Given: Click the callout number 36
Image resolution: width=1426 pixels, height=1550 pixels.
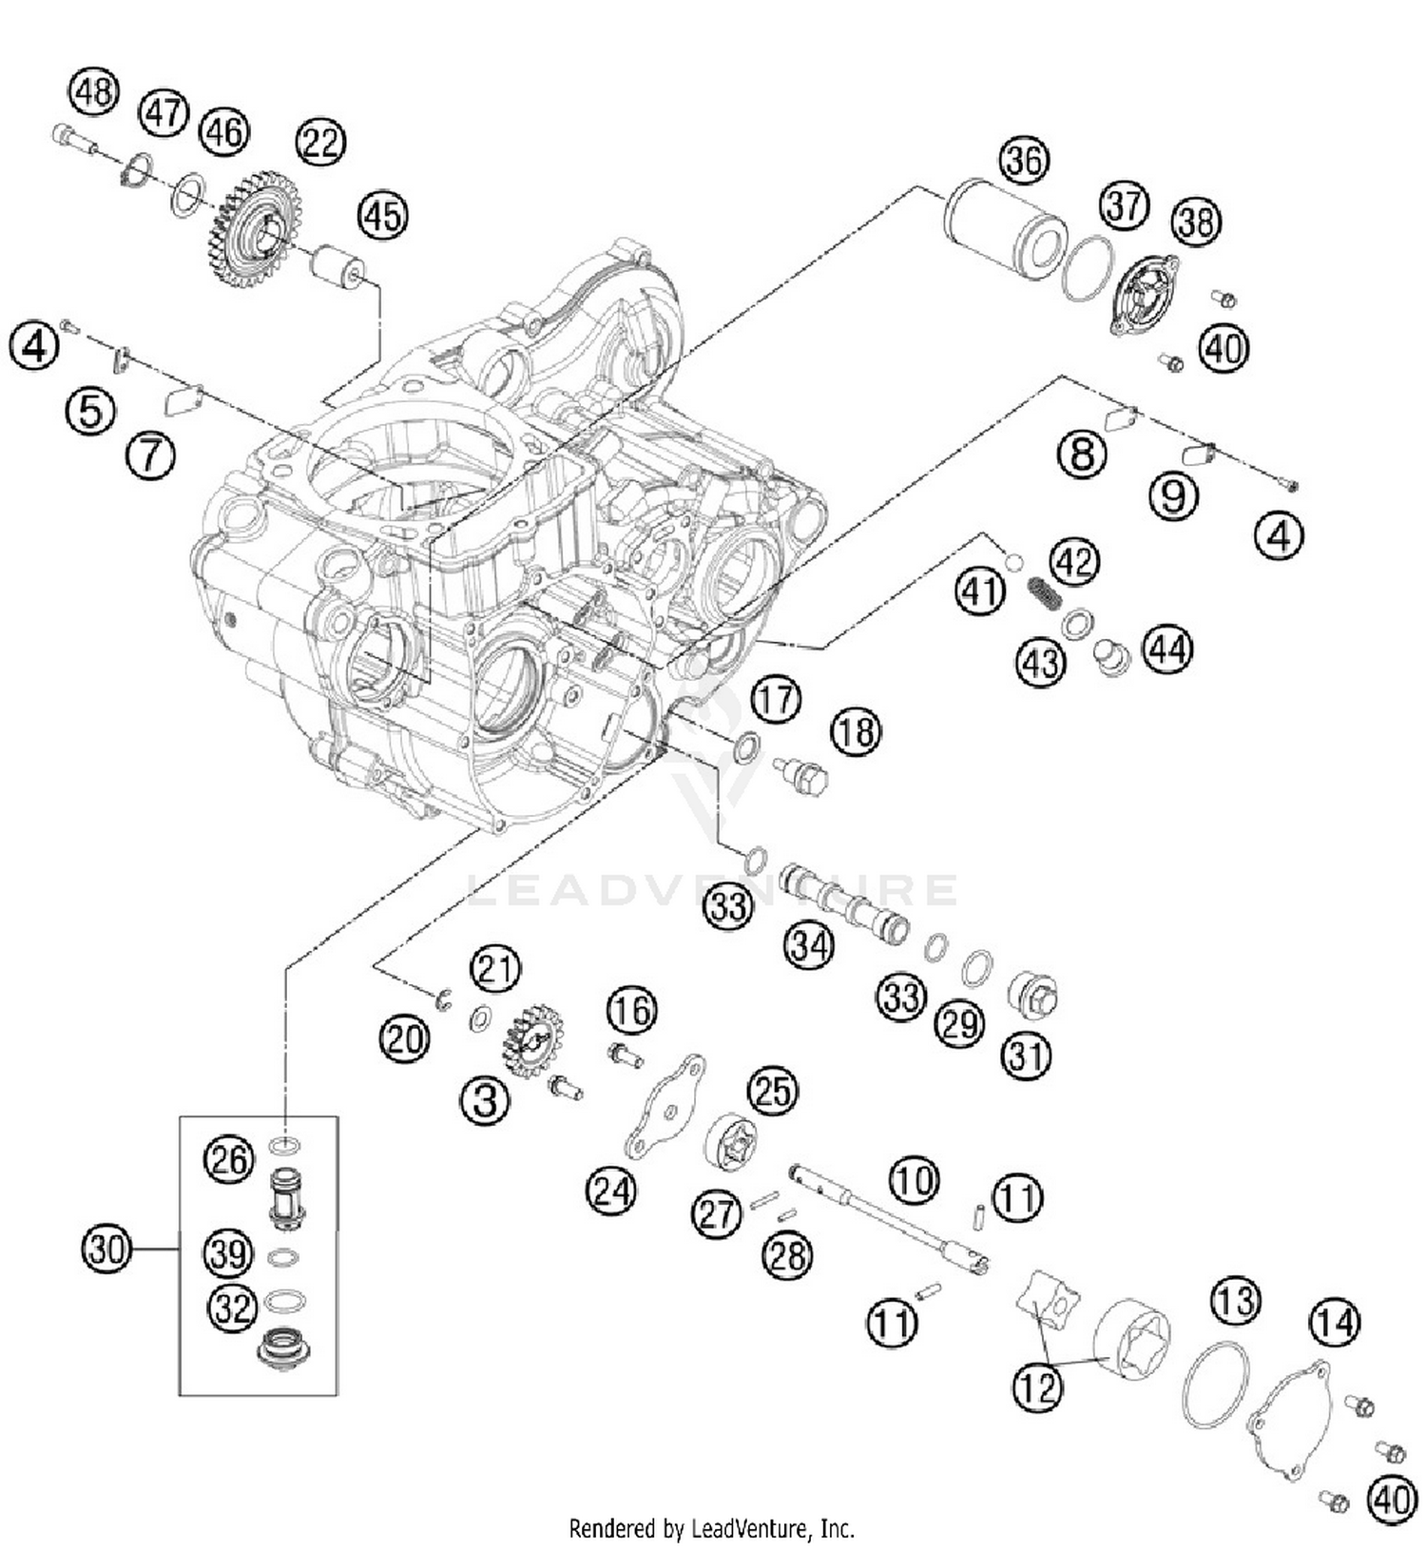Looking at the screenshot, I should [1024, 161].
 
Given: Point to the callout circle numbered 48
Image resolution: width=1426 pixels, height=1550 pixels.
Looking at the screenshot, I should [93, 92].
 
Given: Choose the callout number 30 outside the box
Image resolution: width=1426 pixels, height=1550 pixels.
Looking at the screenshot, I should [106, 1248].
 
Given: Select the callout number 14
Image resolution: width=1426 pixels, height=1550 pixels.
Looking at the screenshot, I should [1335, 1322].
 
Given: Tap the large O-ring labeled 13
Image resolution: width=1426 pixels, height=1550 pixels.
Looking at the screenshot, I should [1216, 1384].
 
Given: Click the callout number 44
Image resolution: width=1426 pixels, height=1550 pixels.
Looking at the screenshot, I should [1166, 649].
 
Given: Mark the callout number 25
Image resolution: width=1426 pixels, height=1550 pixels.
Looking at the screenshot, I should [772, 1091].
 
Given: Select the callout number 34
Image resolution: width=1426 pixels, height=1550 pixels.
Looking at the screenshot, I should [809, 947].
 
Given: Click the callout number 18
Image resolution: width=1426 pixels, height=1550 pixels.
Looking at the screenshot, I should [856, 732].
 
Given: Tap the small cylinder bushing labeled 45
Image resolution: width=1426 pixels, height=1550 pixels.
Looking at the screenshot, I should [337, 264].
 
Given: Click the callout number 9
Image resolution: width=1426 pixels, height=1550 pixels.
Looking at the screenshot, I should [1173, 495].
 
